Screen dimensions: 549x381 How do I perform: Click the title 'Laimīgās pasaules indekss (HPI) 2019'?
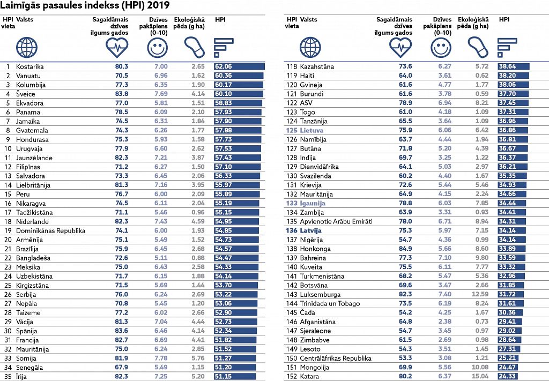[x=85, y=5]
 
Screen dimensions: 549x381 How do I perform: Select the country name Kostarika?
[x=30, y=66]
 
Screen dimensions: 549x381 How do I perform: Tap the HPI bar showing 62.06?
[x=239, y=66]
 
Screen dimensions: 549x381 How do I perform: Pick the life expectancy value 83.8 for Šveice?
[x=122, y=94]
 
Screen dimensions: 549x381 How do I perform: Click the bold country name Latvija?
[x=310, y=230]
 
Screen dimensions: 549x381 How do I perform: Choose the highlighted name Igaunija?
[x=313, y=203]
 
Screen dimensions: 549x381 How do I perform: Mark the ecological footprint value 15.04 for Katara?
[x=480, y=377]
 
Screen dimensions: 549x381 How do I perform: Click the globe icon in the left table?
[x=27, y=48]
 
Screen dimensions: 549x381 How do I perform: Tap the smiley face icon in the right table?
[x=441, y=48]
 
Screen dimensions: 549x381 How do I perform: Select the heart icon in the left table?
[x=117, y=48]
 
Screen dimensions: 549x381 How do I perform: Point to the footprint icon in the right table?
[x=478, y=48]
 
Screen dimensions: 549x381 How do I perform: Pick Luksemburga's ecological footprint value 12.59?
[x=480, y=294]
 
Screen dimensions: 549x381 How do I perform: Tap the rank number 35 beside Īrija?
[x=8, y=377]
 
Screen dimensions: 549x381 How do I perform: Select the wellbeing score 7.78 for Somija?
[x=161, y=358]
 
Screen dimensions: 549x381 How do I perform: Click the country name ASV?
[x=306, y=103]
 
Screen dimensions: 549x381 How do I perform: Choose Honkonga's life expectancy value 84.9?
[x=405, y=249]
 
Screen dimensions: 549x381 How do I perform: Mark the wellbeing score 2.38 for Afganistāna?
[x=444, y=322]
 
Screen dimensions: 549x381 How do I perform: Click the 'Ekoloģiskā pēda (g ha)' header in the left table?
[x=189, y=23]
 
